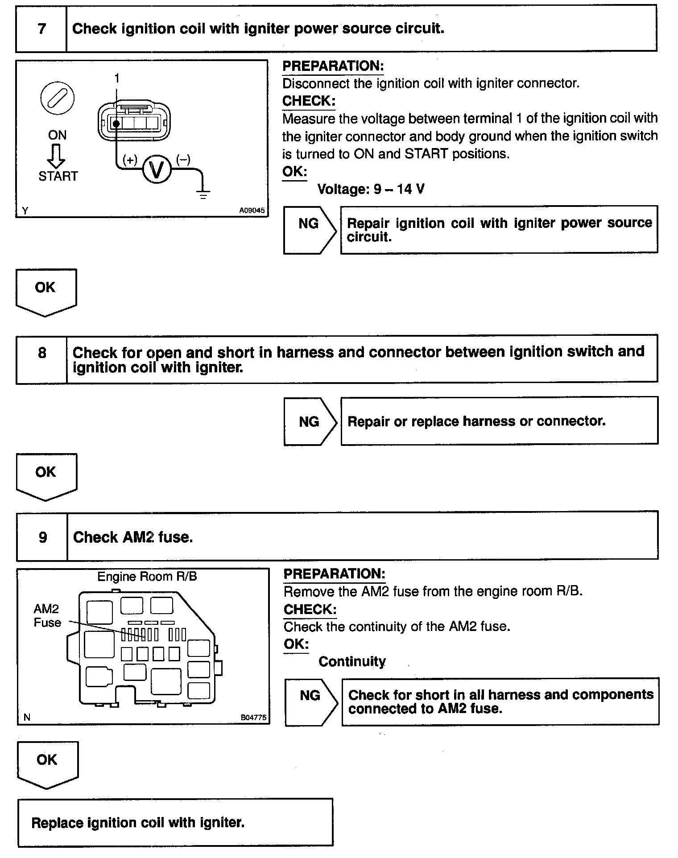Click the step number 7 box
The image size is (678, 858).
click(x=41, y=29)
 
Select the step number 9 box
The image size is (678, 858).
click(x=43, y=537)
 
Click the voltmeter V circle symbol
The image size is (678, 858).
click(x=157, y=169)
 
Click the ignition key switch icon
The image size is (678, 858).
click(x=58, y=99)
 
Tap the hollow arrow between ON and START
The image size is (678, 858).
click(x=57, y=156)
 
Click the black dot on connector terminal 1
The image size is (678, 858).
click(x=116, y=123)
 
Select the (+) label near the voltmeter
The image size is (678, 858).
click(x=130, y=160)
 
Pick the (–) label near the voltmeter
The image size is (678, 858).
click(x=183, y=160)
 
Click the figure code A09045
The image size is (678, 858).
click(x=252, y=210)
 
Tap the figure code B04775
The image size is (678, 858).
click(x=253, y=718)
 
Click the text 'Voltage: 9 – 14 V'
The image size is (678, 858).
click(x=371, y=189)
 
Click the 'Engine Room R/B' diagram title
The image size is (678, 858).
click(x=147, y=577)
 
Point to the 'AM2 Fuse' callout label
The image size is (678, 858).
click(x=47, y=615)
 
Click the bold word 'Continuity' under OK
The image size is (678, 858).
click(x=352, y=661)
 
